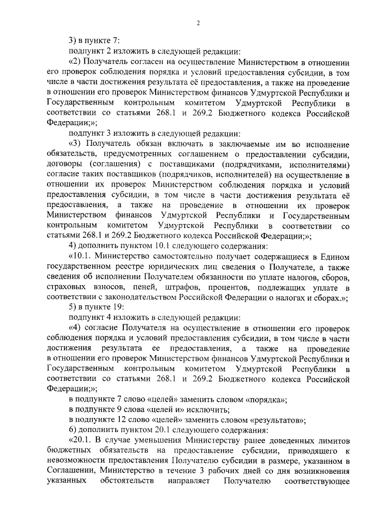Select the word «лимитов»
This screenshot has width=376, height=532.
pyautogui.click(x=334, y=441)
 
